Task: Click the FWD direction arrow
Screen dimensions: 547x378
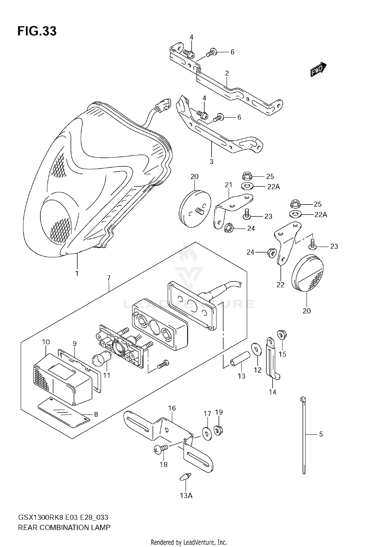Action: pos(318,70)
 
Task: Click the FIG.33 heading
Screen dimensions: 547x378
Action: pos(37,31)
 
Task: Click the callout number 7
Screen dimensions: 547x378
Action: pos(109,278)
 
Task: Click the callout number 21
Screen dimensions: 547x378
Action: pos(228,185)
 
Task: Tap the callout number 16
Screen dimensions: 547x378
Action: pos(172,408)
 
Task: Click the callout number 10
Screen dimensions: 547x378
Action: pos(46,342)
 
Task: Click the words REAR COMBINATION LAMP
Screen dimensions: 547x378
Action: pos(64,527)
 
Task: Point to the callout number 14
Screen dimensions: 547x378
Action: pos(272,392)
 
